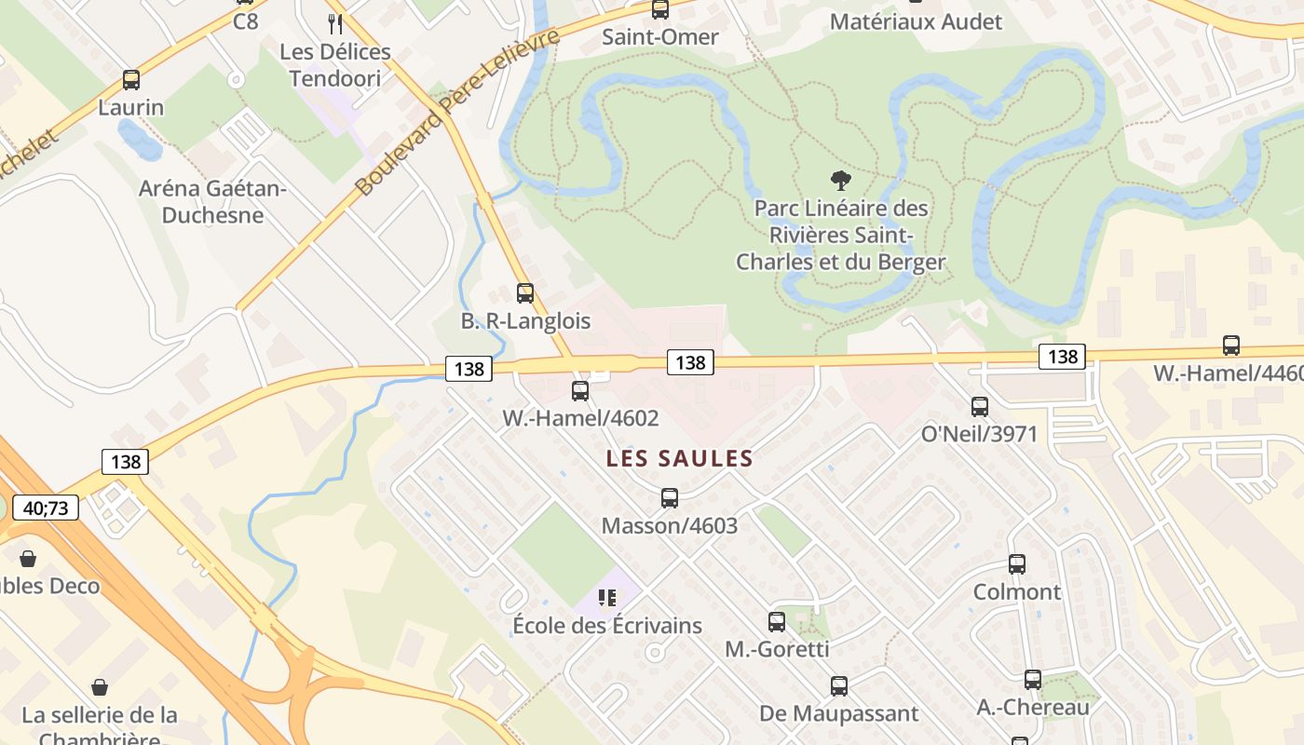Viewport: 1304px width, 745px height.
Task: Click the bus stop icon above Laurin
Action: tap(131, 80)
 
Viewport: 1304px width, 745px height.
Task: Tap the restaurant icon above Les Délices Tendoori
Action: tap(335, 23)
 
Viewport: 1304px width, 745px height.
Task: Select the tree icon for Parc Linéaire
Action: tap(840, 180)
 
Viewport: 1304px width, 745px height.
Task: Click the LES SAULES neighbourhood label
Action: tap(679, 458)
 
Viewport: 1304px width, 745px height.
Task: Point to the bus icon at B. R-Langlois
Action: tap(525, 293)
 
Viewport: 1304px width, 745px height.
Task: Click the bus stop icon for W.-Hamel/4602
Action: tap(580, 391)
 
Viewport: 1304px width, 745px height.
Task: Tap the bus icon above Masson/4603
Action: tap(670, 498)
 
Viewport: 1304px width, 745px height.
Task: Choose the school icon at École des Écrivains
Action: tap(607, 598)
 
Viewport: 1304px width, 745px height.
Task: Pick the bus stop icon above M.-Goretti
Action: tap(777, 622)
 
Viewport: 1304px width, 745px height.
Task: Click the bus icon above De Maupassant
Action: tap(839, 687)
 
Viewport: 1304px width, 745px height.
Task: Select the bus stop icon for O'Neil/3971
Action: tap(980, 407)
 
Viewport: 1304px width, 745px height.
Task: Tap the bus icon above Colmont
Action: tap(1017, 564)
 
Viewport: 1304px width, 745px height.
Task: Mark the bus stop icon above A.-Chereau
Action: tap(1033, 681)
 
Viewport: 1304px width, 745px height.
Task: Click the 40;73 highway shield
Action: tap(46, 508)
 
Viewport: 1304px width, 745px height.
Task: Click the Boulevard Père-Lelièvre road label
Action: tap(458, 112)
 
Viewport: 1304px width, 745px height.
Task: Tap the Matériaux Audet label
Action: tap(916, 21)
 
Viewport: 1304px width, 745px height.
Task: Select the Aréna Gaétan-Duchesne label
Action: tap(213, 202)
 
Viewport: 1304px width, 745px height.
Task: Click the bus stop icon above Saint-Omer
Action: tap(660, 10)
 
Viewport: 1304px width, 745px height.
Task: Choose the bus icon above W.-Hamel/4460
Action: tap(1231, 345)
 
